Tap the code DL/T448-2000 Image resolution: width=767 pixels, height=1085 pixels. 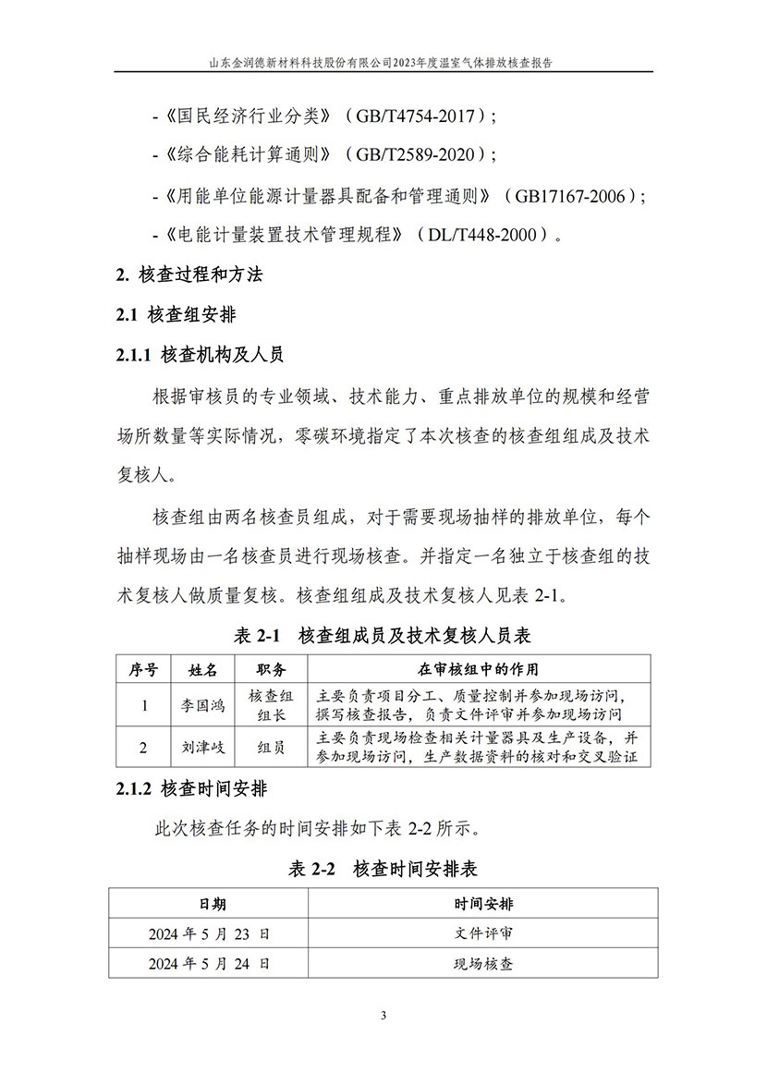(486, 236)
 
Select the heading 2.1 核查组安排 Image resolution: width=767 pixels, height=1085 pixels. (176, 315)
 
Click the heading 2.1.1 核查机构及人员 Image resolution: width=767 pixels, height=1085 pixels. (199, 355)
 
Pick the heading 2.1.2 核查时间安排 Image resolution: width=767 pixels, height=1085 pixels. (199, 788)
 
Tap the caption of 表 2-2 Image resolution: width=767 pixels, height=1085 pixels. (383, 869)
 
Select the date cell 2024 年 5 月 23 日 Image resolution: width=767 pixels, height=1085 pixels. (210, 934)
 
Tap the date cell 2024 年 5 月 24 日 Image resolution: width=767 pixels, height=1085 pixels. (210, 963)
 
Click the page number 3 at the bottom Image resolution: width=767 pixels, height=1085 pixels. (383, 1017)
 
